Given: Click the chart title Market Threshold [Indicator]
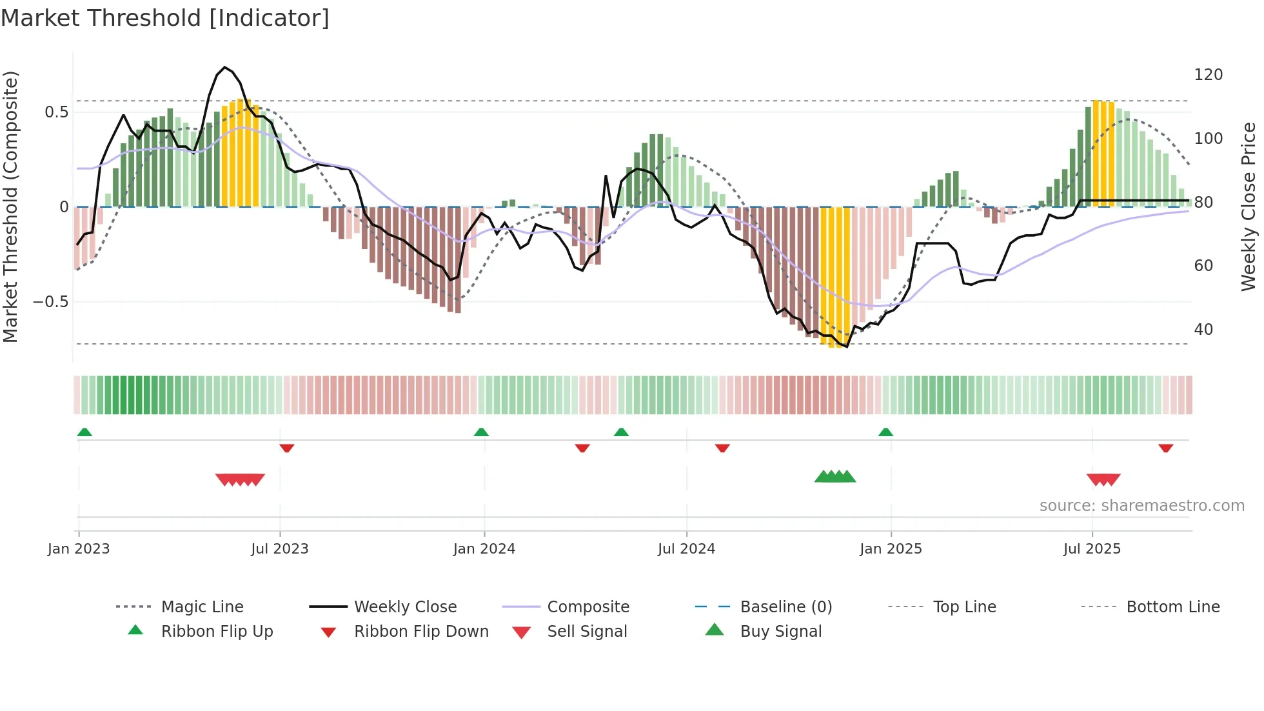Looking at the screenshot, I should click(x=165, y=18).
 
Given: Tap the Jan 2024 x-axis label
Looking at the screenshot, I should click(x=484, y=549).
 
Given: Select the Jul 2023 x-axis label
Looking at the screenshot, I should click(x=280, y=549).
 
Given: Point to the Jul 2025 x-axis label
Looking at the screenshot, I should click(x=1092, y=549).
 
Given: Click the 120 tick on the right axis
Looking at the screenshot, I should click(x=1208, y=75).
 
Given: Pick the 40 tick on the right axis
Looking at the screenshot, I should click(x=1203, y=330).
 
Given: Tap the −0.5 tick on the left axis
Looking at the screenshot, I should click(x=50, y=302).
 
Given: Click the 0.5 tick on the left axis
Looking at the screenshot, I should click(x=56, y=112).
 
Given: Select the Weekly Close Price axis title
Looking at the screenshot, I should click(x=1249, y=206).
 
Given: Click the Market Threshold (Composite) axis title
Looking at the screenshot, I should click(x=10, y=206).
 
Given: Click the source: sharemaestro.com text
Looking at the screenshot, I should click(x=1141, y=506).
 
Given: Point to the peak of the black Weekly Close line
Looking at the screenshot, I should click(x=224, y=67).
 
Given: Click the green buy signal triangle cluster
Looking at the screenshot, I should click(x=835, y=477).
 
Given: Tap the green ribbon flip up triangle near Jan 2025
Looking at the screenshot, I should click(x=885, y=432).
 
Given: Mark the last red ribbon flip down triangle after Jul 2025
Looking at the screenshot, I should click(x=1165, y=448).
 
